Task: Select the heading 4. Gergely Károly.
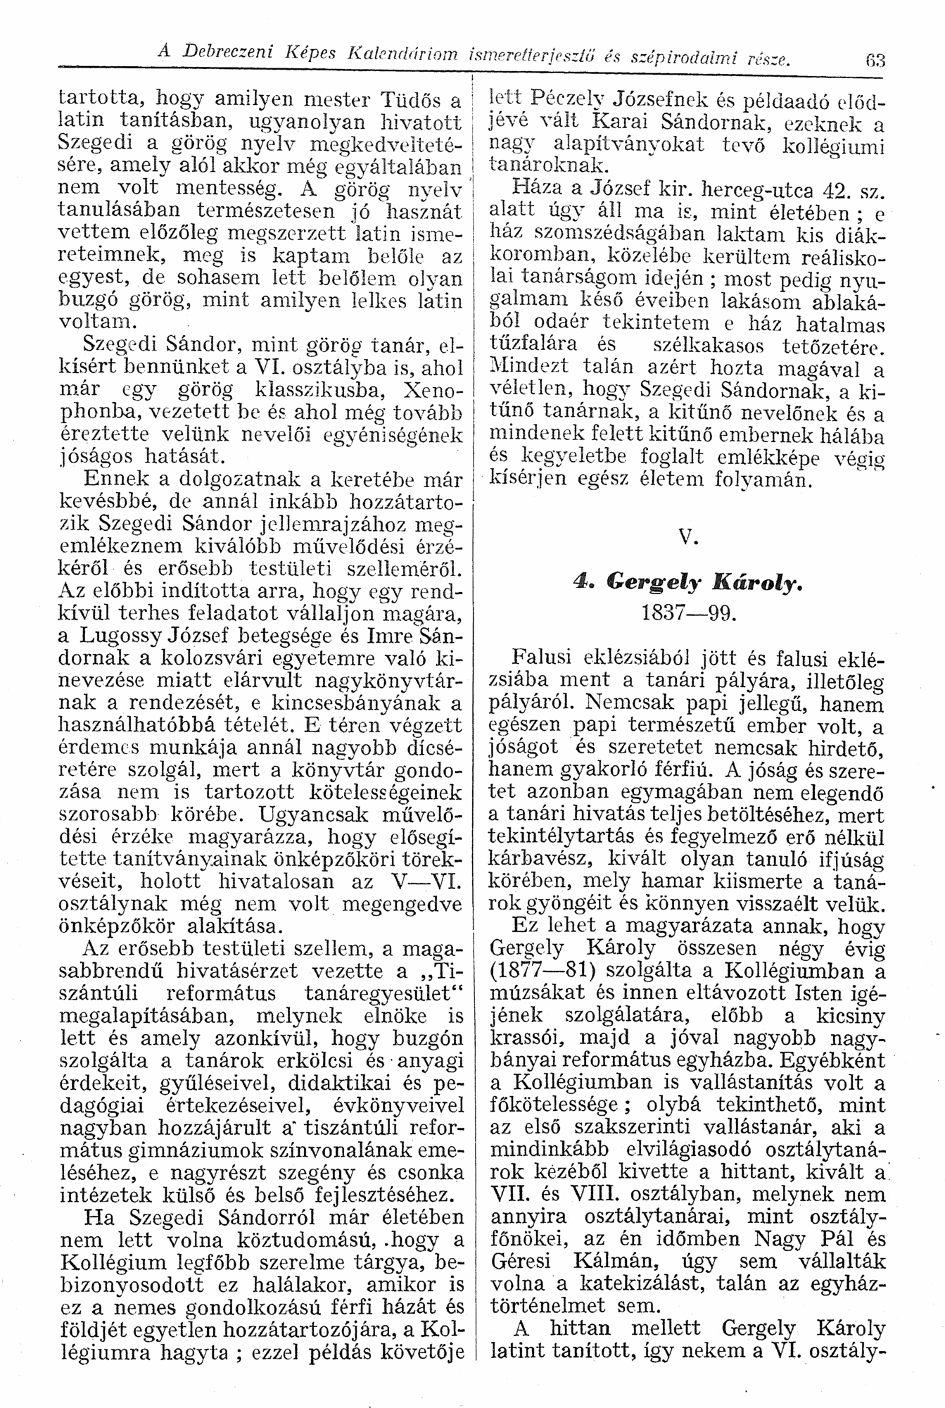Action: [687, 582]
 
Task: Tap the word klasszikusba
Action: [329, 388]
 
